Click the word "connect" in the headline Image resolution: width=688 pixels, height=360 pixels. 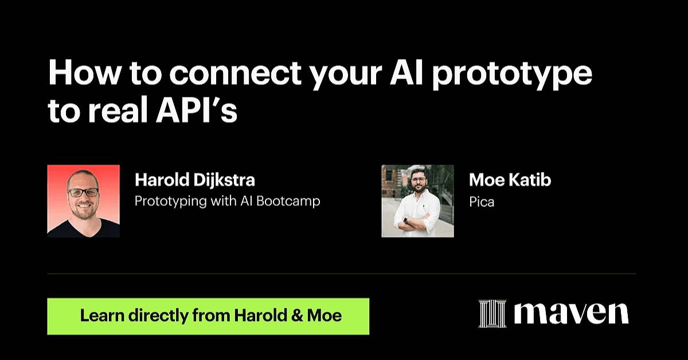[235, 73]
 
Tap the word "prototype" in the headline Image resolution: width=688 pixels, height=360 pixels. [513, 75]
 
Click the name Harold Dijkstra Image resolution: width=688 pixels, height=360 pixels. [195, 179]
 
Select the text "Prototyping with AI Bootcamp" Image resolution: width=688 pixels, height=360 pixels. [227, 202]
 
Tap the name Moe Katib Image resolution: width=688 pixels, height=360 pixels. [510, 179]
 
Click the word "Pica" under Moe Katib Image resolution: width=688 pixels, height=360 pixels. [482, 202]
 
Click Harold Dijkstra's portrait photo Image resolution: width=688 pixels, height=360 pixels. [84, 201]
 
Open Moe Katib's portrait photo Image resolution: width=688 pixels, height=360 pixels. [418, 201]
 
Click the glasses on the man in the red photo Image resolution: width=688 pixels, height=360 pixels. [83, 193]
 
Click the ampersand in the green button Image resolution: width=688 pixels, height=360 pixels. [296, 316]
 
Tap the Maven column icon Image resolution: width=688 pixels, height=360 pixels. [492, 314]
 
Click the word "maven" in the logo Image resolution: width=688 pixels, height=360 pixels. [571, 314]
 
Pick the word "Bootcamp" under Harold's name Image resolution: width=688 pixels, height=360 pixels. [288, 202]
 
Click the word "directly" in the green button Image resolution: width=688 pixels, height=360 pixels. [158, 316]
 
